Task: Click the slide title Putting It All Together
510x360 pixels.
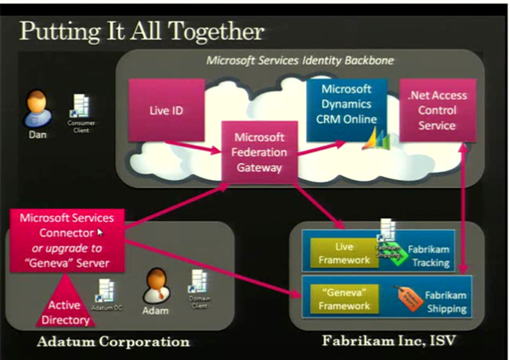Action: click(x=141, y=31)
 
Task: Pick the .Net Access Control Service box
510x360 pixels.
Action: click(x=437, y=111)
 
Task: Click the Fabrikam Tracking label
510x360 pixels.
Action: click(x=430, y=256)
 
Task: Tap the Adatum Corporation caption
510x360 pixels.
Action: click(x=114, y=342)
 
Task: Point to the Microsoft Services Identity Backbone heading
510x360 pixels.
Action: click(x=300, y=60)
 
